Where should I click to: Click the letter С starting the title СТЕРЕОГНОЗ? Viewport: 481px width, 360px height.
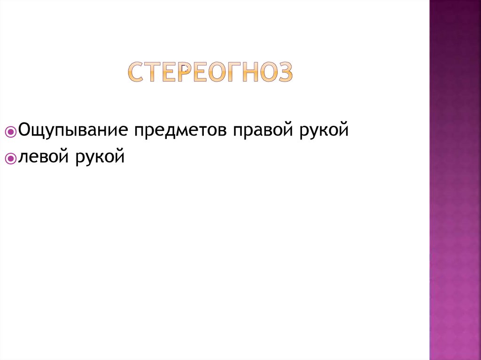pyautogui.click(x=136, y=72)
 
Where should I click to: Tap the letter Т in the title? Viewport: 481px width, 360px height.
pyautogui.click(x=154, y=72)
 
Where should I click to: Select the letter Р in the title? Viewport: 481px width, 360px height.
pyautogui.click(x=185, y=72)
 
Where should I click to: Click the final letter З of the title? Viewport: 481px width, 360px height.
pyautogui.click(x=284, y=72)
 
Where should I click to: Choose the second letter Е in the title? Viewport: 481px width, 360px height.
pyautogui.click(x=200, y=72)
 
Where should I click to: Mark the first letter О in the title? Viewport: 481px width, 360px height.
pyautogui.click(x=217, y=72)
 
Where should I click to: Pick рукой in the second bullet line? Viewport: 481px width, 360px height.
pyautogui.click(x=99, y=156)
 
